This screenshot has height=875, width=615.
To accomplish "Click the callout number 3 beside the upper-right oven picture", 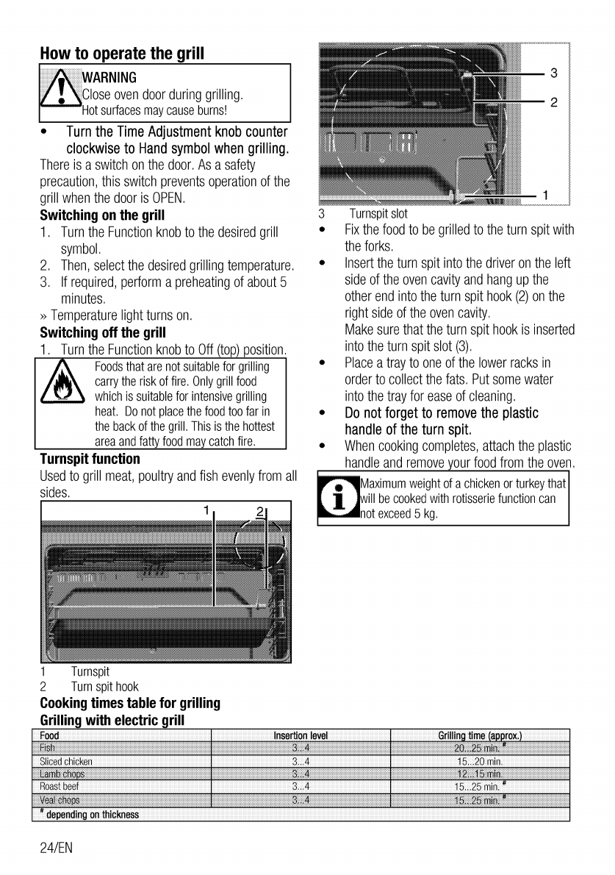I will coord(555,73).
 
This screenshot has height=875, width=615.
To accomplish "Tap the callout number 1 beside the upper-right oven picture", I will coord(544,195).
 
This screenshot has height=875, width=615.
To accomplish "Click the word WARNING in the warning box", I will coord(108,78).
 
